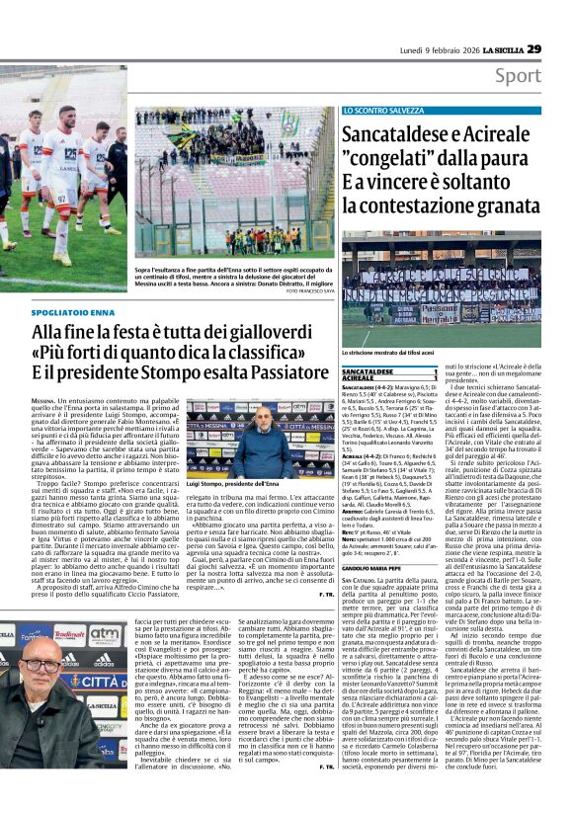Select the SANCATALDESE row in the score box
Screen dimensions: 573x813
(x=403, y=370)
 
